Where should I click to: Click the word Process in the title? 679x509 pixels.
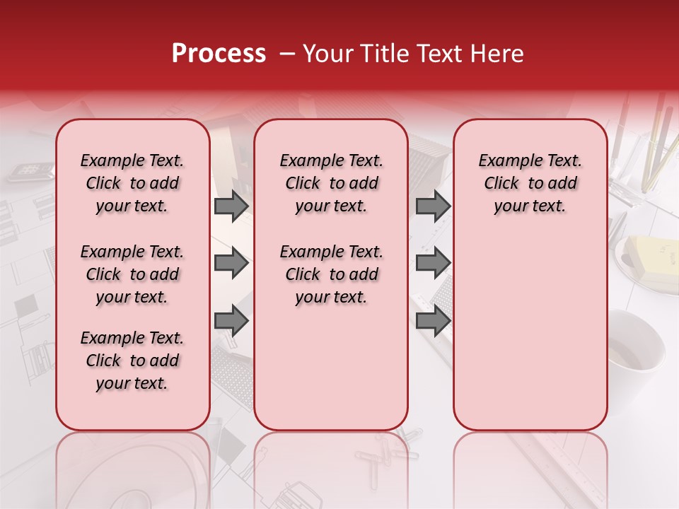(x=219, y=54)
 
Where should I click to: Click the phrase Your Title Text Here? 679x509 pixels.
(x=413, y=54)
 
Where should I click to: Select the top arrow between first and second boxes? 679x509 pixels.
(x=231, y=206)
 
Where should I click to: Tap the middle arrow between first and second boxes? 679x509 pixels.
(x=231, y=264)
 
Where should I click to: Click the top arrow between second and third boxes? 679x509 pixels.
(x=433, y=206)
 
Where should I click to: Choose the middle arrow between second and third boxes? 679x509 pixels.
(x=433, y=264)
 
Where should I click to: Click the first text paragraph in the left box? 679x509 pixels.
(x=132, y=183)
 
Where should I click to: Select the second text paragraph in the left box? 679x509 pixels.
(x=132, y=274)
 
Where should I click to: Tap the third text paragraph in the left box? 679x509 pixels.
(x=132, y=361)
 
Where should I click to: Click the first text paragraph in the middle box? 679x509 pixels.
(x=331, y=183)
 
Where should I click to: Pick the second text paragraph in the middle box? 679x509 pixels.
(x=331, y=274)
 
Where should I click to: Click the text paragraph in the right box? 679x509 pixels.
(x=530, y=183)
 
